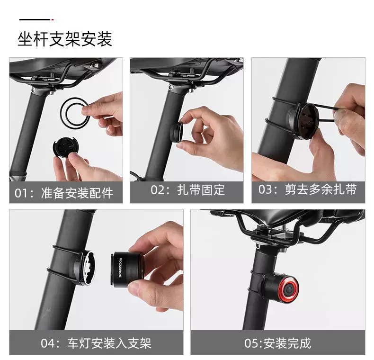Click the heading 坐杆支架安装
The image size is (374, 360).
pos(65,39)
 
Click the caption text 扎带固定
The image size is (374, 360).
pos(201,190)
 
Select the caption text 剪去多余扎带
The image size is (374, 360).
pos(321,189)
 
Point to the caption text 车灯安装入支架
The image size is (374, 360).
pos(109,343)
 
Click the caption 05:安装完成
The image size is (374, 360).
pos(278,343)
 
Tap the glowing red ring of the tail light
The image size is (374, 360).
pos(289,290)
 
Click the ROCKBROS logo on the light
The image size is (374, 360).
pos(120,268)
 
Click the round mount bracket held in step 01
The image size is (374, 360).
pos(63,148)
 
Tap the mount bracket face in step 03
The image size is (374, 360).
pos(306,121)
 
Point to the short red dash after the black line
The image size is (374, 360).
pos(53,19)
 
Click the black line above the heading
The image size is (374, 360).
pos(35,19)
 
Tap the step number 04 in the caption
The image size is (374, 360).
pos(47,343)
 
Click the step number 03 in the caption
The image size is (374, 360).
pos(265,189)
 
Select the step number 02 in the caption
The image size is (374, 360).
pos(158,190)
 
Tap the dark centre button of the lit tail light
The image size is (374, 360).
pos(289,290)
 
